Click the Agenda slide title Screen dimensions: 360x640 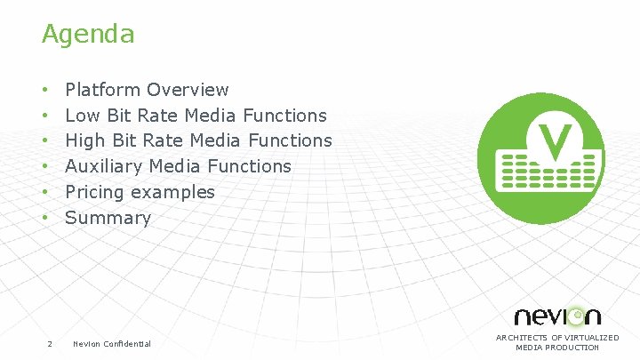(x=88, y=35)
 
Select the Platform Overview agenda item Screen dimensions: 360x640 (x=147, y=90)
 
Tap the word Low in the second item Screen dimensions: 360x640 (x=82, y=116)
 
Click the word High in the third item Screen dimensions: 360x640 (x=84, y=140)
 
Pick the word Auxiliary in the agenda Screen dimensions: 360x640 (x=105, y=166)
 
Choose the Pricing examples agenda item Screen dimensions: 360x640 (x=140, y=192)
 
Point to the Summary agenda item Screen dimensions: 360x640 (x=108, y=218)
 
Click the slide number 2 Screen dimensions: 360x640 (x=49, y=344)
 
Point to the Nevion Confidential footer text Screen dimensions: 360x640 (x=112, y=344)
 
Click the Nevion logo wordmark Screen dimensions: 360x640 (x=557, y=316)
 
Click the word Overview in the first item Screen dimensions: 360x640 (x=188, y=90)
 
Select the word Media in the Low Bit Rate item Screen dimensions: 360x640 (x=210, y=116)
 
